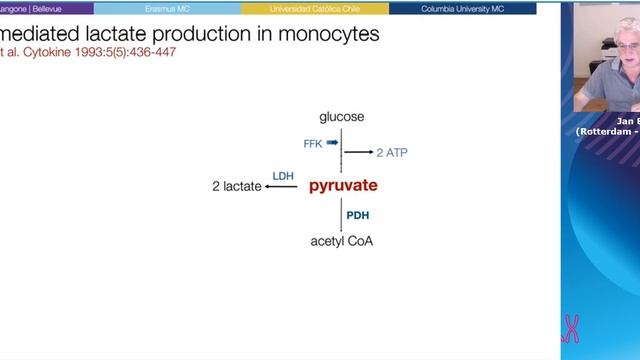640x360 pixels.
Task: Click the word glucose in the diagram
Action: (342, 118)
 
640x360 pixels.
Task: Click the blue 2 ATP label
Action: (392, 153)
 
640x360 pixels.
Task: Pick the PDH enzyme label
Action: (358, 214)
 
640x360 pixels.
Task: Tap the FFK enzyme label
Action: (313, 144)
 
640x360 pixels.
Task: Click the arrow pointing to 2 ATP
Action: (358, 153)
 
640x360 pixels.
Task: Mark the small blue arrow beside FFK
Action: (332, 143)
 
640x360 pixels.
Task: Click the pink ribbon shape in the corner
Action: (572, 327)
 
